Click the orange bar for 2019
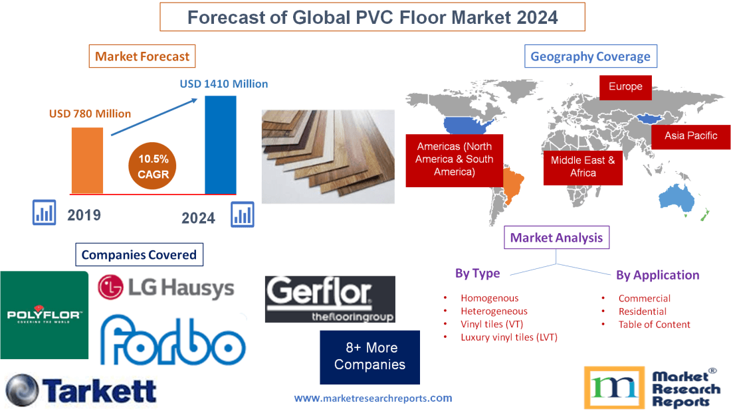(x=88, y=159)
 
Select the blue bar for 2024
(x=220, y=145)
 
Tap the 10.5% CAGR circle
(x=154, y=167)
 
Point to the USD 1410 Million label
(x=224, y=84)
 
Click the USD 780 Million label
(x=90, y=114)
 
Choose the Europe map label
(x=625, y=86)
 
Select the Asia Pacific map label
(x=691, y=135)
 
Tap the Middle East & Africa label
(x=583, y=166)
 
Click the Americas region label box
(x=455, y=159)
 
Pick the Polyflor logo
(x=44, y=315)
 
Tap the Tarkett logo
(x=80, y=390)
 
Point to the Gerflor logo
(x=330, y=299)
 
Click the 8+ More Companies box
(x=369, y=357)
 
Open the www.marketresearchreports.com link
(x=373, y=398)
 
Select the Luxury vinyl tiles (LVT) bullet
(x=508, y=337)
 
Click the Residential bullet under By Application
(x=642, y=311)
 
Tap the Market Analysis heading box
(x=556, y=238)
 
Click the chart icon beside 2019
(x=45, y=213)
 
